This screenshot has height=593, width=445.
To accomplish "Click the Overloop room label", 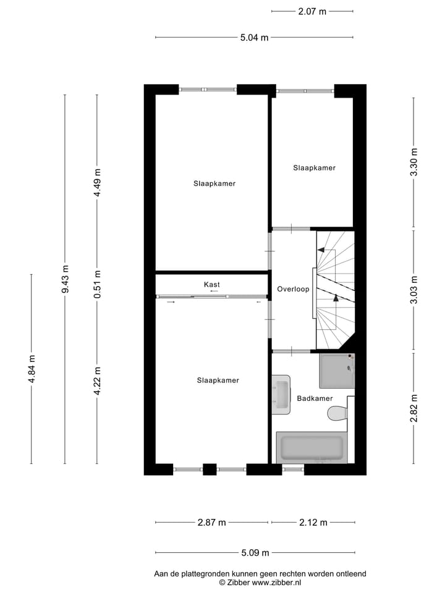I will tap(293, 289).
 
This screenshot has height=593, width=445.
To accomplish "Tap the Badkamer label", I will tap(315, 398).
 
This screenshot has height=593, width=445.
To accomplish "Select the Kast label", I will tap(212, 284).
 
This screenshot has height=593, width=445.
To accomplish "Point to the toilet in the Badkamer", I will tap(337, 413).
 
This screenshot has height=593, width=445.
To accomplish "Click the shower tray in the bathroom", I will tap(337, 370).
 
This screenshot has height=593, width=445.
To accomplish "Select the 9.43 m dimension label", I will tap(65, 280).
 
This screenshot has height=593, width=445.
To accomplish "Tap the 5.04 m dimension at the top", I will tap(254, 38).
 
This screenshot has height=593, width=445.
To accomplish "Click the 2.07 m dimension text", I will tap(312, 11).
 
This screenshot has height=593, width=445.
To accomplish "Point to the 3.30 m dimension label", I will tap(414, 162).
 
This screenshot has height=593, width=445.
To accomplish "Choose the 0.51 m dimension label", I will tap(97, 284).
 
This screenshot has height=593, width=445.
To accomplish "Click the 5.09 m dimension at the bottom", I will tap(254, 553).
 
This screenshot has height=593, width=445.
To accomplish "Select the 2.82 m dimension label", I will tap(414, 408).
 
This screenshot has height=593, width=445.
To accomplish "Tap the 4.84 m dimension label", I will tap(32, 369).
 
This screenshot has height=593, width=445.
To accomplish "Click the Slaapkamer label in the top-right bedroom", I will tap(314, 167).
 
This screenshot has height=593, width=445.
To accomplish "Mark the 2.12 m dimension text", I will tap(312, 523).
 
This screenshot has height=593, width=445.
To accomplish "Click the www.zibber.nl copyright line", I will tap(260, 582).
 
